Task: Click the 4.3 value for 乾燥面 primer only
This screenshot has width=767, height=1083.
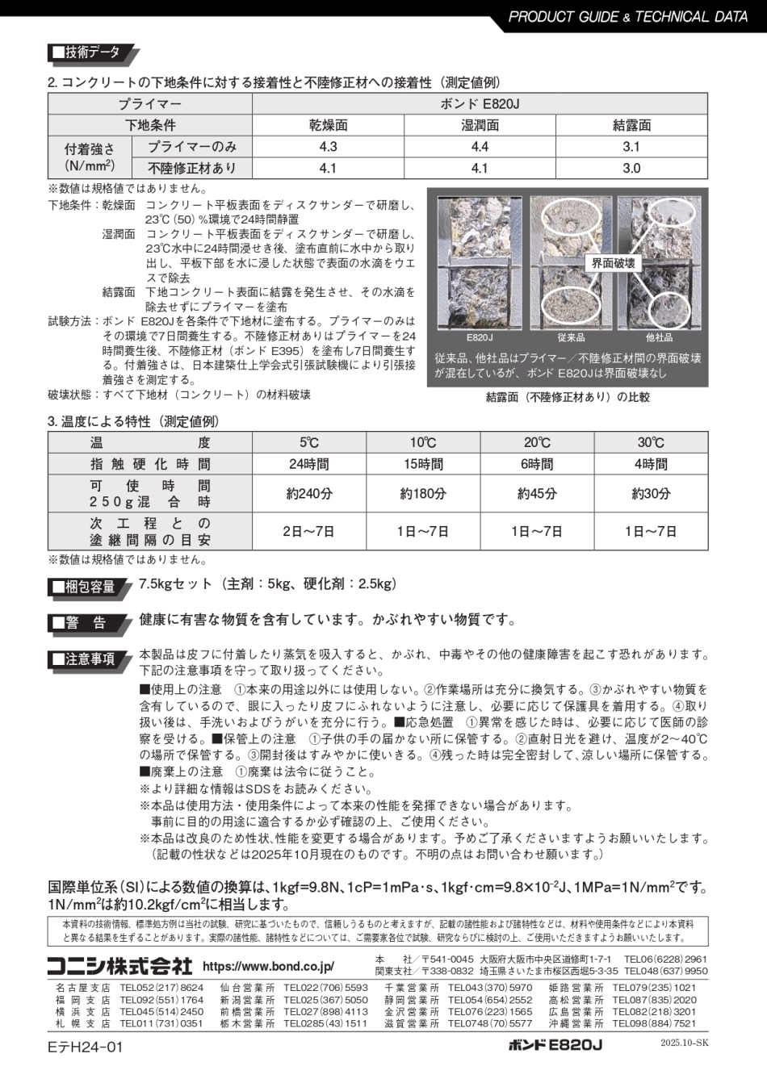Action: pos(328,147)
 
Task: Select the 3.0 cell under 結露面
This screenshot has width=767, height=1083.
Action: pos(631,168)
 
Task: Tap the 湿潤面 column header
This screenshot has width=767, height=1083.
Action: pos(480,125)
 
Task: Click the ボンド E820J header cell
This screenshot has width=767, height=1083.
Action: pos(480,104)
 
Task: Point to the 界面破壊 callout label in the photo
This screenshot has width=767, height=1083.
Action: pos(614,263)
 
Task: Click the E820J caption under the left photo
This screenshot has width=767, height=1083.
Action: pos(480,337)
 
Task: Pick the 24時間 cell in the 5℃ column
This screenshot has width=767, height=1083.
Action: pos(309,464)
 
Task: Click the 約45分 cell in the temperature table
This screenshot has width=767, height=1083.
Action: pos(537,493)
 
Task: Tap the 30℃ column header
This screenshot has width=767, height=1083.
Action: pos(651,442)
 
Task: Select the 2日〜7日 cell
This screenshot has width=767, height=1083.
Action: pos(309,531)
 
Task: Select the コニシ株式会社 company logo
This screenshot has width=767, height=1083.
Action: pos(119,965)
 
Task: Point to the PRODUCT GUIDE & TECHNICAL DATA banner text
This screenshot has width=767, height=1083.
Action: pos(628,16)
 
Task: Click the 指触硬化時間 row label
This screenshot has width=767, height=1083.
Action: pos(150,464)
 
